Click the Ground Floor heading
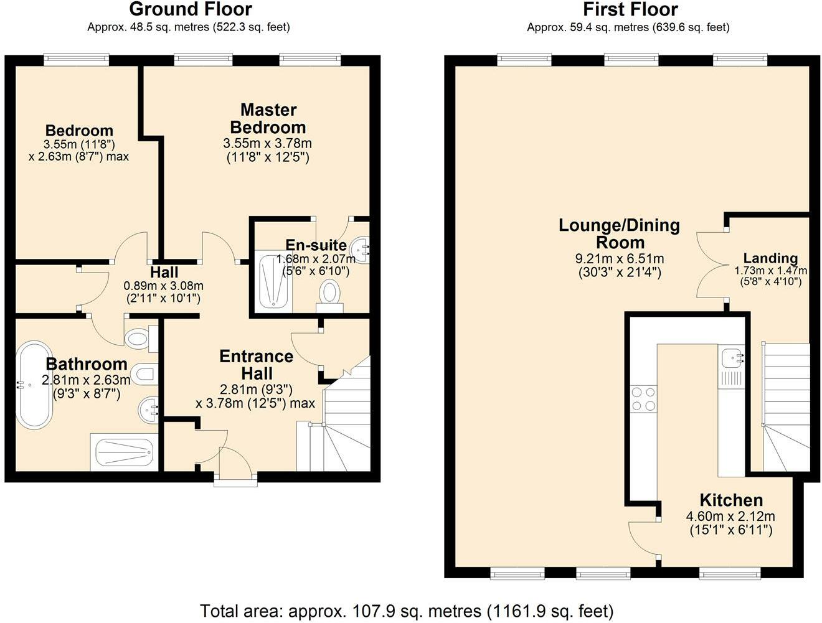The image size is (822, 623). [190, 9]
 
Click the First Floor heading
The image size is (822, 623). [630, 9]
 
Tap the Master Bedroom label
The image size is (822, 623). [268, 118]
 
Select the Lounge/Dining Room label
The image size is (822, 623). [619, 233]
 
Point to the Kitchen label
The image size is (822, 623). [731, 500]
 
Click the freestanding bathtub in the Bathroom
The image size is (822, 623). [33, 384]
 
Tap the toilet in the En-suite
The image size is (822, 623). [329, 294]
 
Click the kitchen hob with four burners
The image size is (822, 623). [643, 399]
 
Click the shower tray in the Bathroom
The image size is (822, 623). [123, 452]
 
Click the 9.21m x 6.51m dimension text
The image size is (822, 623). [619, 258]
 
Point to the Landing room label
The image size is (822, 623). [770, 258]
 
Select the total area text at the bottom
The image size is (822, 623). [406, 611]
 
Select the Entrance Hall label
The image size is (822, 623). [256, 365]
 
